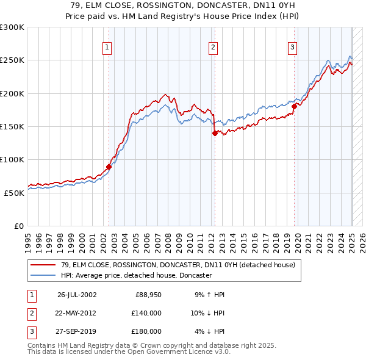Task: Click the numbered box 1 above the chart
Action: point(107,48)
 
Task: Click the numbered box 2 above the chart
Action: point(213,48)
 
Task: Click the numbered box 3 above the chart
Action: point(292,48)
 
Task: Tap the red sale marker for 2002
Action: point(109,166)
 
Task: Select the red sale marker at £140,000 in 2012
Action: point(215,133)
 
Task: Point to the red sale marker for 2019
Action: point(294,106)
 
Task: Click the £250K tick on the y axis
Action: point(12,60)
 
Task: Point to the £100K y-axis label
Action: point(12,159)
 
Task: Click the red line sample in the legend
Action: point(44,265)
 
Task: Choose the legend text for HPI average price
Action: point(136,275)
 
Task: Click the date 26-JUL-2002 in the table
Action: point(76,295)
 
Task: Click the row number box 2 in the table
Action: point(30,313)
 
